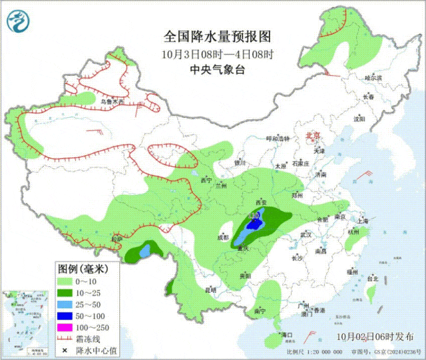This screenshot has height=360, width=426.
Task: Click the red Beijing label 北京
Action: click(x=312, y=136)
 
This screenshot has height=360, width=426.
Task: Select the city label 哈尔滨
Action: click(x=373, y=78)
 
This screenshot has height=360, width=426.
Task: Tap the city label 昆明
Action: click(x=211, y=289)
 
